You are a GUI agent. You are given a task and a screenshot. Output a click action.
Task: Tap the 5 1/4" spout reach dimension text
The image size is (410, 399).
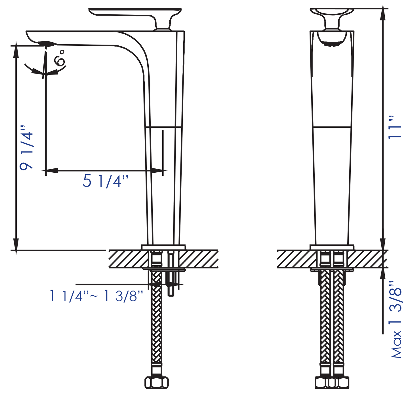105,181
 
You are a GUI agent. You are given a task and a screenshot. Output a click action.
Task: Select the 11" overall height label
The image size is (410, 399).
395,127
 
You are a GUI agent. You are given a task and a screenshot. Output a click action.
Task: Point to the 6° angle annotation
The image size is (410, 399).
60,58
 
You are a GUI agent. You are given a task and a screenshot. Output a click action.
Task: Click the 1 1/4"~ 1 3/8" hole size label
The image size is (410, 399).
96,296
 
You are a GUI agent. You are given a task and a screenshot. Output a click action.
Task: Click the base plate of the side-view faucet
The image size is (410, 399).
163,247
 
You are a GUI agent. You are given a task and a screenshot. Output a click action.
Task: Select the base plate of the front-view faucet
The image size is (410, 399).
332,247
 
